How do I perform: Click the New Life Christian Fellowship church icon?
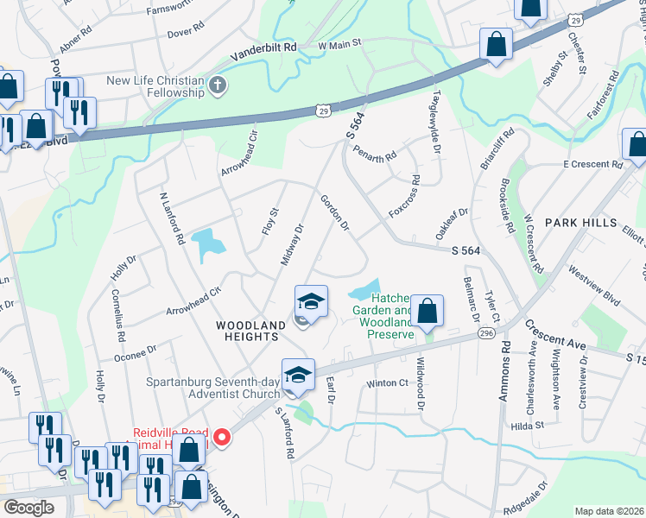(x=218, y=85)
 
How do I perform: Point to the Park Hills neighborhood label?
(x=580, y=223)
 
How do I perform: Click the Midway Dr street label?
(x=293, y=244)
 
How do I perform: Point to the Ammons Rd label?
(x=505, y=367)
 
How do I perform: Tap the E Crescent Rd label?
(x=591, y=163)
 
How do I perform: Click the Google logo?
(x=29, y=508)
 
